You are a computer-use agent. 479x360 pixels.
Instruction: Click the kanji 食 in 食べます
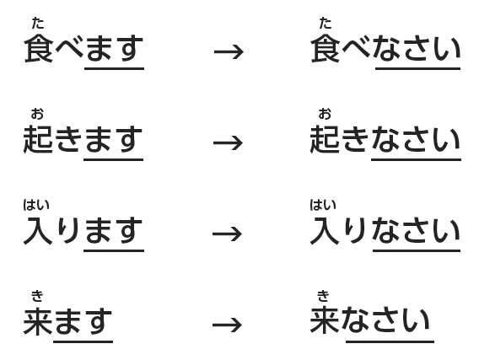39,48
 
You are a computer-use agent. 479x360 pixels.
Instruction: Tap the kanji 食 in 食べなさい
326,48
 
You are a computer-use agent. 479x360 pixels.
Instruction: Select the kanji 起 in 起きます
38,139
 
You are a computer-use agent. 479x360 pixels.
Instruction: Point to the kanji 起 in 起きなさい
325,139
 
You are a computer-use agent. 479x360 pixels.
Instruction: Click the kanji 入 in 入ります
38,230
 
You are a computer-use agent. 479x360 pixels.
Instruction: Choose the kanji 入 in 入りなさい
325,230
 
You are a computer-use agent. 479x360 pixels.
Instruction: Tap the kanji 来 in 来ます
38,321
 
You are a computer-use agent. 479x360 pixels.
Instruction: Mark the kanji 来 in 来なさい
325,321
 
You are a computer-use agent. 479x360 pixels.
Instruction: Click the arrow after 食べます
229,52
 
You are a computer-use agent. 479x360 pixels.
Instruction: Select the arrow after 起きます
228,142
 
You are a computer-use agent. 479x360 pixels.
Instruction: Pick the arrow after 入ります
228,234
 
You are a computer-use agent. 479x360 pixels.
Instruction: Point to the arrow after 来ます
228,325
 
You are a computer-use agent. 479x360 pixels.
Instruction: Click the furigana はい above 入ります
36,205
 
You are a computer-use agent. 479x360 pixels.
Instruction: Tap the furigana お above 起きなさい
325,114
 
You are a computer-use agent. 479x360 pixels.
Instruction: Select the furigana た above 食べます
38,24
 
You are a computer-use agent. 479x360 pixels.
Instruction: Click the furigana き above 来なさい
323,296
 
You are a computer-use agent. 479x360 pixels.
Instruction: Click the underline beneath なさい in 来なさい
390,341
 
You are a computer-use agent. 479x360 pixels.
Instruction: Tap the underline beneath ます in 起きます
113,159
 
